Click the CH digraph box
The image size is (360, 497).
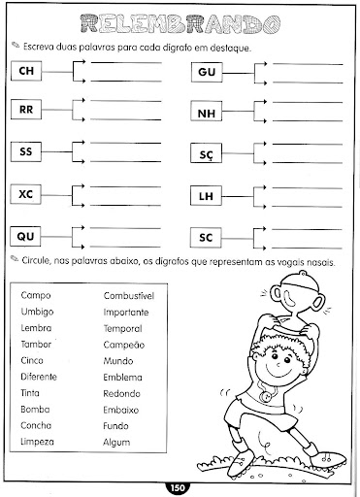(27, 69)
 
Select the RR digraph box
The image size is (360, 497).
(27, 110)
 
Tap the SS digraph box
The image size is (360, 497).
(27, 151)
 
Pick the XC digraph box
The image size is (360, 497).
(27, 193)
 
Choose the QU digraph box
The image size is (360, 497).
(27, 235)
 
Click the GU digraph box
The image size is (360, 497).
(205, 69)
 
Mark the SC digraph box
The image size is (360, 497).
(205, 235)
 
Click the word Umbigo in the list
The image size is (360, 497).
(37, 311)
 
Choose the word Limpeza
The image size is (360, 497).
(38, 442)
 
